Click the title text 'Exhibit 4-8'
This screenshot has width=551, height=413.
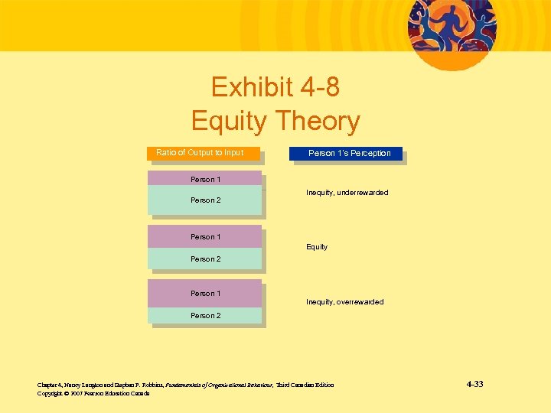(x=275, y=88)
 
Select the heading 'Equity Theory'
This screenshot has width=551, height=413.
(x=275, y=121)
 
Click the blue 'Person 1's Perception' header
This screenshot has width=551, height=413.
(x=345, y=153)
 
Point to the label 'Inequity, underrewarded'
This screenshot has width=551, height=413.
(x=347, y=193)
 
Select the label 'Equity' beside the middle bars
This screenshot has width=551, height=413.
(x=317, y=247)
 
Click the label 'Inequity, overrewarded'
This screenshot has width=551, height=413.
(x=344, y=302)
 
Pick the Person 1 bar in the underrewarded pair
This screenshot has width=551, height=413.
(x=204, y=180)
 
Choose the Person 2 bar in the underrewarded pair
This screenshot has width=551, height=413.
(x=204, y=200)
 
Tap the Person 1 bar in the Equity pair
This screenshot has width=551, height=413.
(x=204, y=237)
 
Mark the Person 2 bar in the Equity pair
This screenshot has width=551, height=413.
(x=204, y=259)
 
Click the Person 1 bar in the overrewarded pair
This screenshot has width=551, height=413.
(x=204, y=294)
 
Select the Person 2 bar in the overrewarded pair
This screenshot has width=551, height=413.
(x=204, y=315)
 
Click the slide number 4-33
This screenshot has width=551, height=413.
(x=474, y=384)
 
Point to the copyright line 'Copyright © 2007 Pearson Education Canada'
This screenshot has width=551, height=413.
(x=93, y=394)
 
